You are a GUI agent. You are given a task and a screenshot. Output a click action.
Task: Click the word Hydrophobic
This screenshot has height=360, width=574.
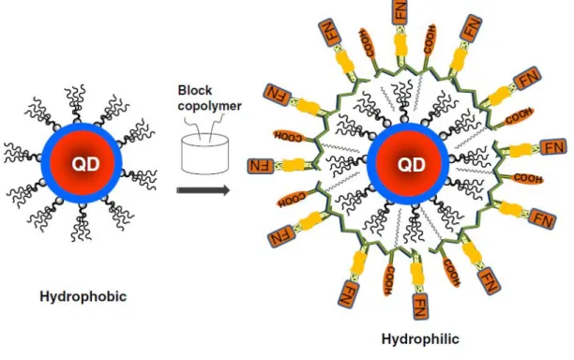point(83,296)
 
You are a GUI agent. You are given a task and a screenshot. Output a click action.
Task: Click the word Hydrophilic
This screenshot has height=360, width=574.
point(420,339)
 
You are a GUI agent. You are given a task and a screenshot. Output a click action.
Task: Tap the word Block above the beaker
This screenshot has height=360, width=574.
point(195,90)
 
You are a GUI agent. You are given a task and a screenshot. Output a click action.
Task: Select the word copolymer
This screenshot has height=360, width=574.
point(209,106)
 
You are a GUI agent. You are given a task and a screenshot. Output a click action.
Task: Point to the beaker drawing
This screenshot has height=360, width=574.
point(205,154)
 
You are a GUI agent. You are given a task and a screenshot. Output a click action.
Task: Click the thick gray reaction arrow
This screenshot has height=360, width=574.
point(204,190)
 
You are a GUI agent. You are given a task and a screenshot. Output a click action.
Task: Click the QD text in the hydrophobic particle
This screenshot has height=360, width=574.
point(85,164)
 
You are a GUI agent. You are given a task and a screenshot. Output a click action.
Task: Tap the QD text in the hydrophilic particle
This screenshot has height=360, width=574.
point(412,164)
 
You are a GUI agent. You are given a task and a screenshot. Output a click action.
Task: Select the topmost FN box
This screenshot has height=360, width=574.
point(400,10)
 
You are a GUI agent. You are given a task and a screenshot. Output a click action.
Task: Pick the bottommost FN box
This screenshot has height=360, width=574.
point(421,306)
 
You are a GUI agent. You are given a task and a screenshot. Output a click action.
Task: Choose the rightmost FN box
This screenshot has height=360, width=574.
point(553,147)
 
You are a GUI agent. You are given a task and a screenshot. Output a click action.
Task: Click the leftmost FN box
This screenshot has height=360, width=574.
point(261,166)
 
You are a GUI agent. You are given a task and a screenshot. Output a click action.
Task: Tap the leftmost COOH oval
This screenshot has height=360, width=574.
point(288,136)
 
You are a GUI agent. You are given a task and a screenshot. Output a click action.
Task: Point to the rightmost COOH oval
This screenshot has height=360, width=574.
point(527,178)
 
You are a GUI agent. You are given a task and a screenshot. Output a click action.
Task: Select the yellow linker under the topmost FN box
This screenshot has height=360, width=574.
point(400,45)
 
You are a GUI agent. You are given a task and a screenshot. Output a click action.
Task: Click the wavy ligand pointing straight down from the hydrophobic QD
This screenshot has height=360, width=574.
point(81,222)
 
